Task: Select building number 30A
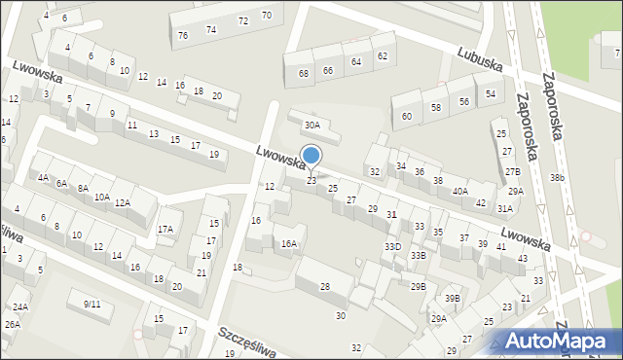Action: pyautogui.click(x=311, y=125)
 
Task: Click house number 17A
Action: pyautogui.click(x=165, y=230)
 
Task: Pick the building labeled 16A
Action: pyautogui.click(x=289, y=244)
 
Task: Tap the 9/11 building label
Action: pyautogui.click(x=92, y=304)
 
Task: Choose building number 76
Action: pyautogui.click(x=183, y=35)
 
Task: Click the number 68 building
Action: pyautogui.click(x=304, y=73)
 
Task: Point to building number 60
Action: pyautogui.click(x=407, y=117)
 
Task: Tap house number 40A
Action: pyautogui.click(x=459, y=192)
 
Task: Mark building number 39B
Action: pyautogui.click(x=453, y=298)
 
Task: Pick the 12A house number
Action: pyautogui.click(x=122, y=202)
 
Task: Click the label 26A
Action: pyautogui.click(x=12, y=324)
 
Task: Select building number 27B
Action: pyautogui.click(x=512, y=171)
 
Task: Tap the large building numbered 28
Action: pyautogui.click(x=324, y=286)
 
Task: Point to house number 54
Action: pyautogui.click(x=491, y=93)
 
